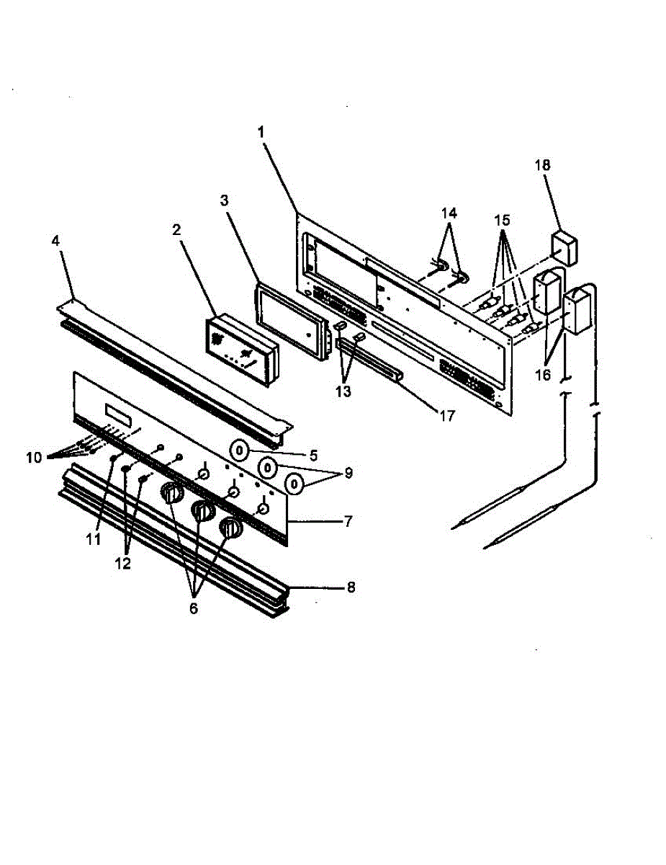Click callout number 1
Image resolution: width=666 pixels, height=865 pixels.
coord(261,133)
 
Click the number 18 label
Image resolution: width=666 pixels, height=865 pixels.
coord(542,165)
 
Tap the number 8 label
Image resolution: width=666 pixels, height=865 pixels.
coord(351,587)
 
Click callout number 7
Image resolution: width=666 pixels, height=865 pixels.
coord(348,521)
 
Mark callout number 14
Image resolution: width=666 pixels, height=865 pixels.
coord(448,213)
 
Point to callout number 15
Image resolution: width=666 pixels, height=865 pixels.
coord(503,217)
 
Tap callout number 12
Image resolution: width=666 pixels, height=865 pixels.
coord(124,564)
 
